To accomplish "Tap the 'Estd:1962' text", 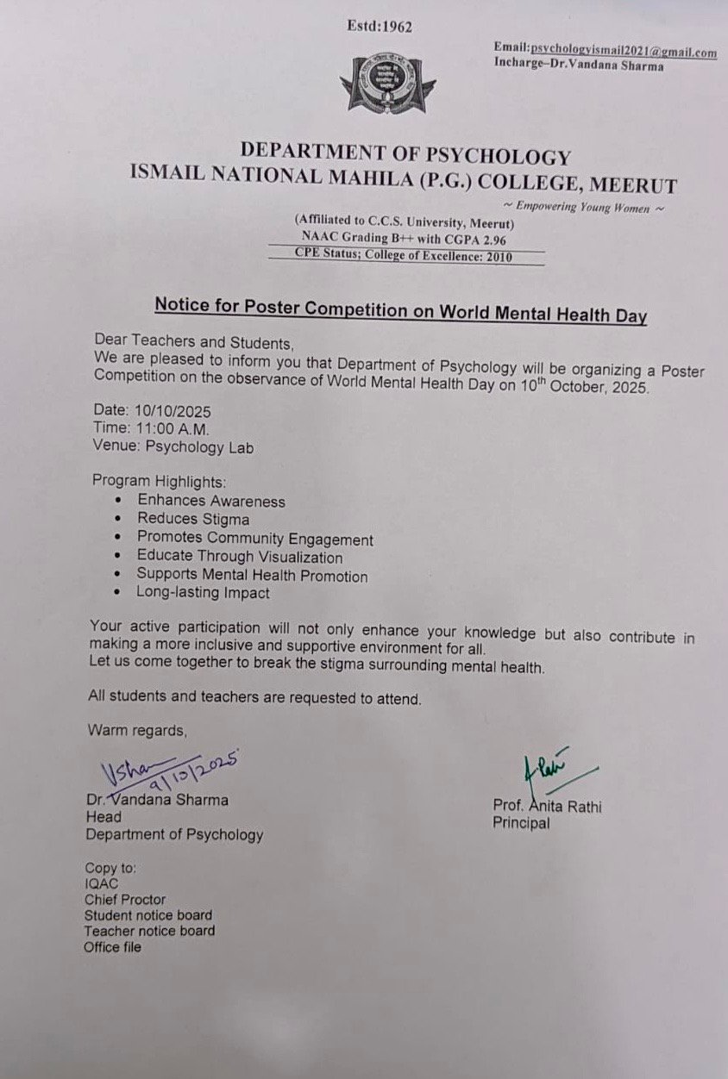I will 380,27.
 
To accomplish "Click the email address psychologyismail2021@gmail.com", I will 624,52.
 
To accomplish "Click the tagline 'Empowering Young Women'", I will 584,208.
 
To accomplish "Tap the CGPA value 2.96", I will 488,240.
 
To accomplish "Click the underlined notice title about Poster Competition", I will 400,310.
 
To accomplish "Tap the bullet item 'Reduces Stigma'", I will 193,519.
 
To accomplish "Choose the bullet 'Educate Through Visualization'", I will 239,557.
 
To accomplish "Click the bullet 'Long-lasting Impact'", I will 203,593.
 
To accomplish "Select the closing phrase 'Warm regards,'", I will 137,731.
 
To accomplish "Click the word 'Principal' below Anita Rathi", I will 521,823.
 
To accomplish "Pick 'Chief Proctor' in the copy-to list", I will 124,900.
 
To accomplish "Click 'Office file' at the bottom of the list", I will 112,947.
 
